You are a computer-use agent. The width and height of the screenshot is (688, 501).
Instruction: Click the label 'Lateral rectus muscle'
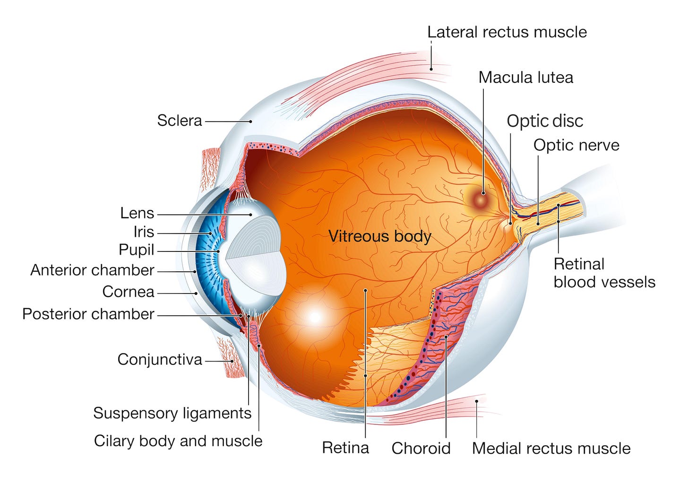point(507,32)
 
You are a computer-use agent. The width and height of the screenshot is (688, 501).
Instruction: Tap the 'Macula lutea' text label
point(525,78)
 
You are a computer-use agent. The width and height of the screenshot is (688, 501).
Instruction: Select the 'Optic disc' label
point(545,121)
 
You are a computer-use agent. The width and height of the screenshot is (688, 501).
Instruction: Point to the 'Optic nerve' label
point(576,145)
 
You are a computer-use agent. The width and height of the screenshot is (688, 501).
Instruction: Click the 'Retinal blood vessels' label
point(604,273)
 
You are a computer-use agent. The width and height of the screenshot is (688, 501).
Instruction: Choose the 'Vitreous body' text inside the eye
point(380,236)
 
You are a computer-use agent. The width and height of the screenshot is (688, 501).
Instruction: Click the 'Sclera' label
point(180,121)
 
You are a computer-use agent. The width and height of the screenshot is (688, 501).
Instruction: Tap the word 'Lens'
point(137,213)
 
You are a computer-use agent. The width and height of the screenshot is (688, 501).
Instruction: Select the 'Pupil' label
point(137,250)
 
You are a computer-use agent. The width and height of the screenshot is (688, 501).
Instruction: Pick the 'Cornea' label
point(129,292)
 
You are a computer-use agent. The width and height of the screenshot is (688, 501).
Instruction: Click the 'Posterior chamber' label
point(88,314)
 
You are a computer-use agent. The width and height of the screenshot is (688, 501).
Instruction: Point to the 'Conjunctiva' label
point(160,360)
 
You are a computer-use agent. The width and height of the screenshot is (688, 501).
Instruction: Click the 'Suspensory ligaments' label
point(172,413)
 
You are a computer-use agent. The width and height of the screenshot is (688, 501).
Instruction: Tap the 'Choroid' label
point(421,448)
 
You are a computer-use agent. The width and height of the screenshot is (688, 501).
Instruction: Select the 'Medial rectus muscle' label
point(551,448)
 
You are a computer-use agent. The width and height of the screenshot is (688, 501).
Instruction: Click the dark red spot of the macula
point(483,193)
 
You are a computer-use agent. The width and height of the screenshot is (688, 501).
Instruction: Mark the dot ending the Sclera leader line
point(251,121)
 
